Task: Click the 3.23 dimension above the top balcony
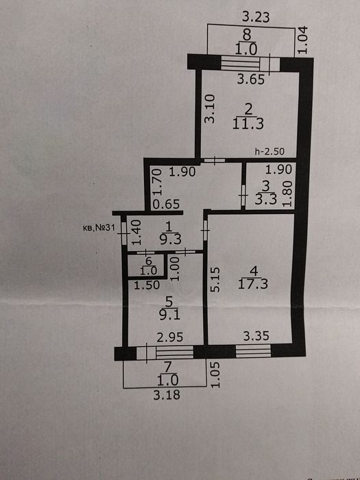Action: (x=256, y=17)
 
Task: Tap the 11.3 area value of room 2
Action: (x=248, y=124)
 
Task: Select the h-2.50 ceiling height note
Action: (x=269, y=152)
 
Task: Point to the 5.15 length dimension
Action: (x=215, y=280)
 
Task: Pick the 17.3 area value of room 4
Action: (x=253, y=284)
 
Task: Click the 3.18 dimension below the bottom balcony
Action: (x=167, y=394)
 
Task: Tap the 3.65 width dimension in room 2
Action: (x=251, y=80)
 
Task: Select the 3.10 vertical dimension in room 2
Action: (x=210, y=108)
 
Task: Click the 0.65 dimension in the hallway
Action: (x=166, y=204)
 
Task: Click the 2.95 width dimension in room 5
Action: (x=170, y=337)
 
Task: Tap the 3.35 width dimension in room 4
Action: (x=256, y=336)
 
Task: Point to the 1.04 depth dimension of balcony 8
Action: (x=302, y=40)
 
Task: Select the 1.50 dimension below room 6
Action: (x=147, y=285)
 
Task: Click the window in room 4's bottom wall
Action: (x=253, y=351)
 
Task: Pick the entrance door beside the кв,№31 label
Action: (x=123, y=233)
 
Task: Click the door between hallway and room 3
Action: (x=243, y=195)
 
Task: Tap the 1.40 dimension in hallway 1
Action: (x=136, y=232)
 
